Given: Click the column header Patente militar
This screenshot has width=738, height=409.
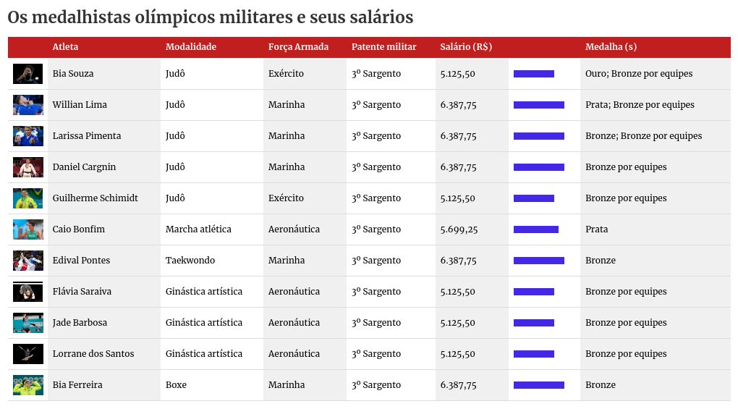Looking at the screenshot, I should tap(383, 47).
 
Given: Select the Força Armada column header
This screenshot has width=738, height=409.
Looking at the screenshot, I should tap(298, 47).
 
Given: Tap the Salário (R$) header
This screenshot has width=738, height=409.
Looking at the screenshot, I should tap(466, 47).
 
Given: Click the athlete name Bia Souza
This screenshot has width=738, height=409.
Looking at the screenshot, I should tap(73, 74).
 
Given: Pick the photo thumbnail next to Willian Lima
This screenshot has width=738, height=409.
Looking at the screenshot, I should tap(27, 105).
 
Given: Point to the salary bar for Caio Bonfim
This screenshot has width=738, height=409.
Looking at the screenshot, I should tap(535, 229).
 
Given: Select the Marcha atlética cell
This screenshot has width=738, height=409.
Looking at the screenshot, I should tap(198, 229).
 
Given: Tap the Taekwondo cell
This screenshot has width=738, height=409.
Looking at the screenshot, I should tap(190, 261).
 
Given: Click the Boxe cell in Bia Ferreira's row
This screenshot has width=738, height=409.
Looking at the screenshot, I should tap(176, 385).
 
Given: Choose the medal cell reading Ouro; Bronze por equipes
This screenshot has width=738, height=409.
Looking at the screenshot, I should tap(639, 74).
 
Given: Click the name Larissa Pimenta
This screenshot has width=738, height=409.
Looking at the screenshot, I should tap(87, 136).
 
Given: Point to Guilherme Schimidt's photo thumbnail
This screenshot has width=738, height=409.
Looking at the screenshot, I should tap(27, 198).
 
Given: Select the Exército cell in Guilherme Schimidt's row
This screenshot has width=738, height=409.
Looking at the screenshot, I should tap(286, 198).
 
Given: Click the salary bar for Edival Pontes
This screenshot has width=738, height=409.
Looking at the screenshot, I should tap(538, 261).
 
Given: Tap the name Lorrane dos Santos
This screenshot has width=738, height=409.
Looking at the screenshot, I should tap(93, 354).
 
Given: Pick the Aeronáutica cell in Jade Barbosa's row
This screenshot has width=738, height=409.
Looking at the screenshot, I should tap(294, 323).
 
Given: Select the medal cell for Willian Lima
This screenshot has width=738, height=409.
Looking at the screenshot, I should tap(640, 105).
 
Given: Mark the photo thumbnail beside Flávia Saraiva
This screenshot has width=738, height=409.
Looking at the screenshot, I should tap(27, 292).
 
